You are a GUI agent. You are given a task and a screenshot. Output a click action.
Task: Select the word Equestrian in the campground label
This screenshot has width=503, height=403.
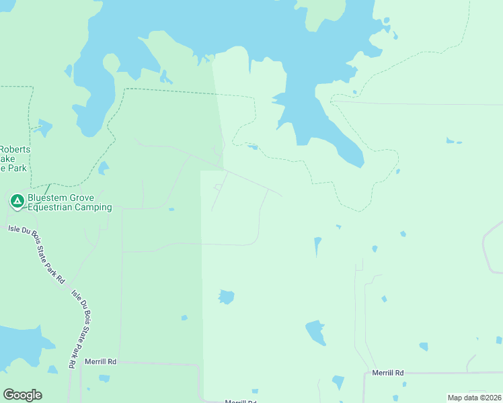pos(52,208)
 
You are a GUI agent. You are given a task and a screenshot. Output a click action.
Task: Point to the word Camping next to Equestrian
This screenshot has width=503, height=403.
pos(94,208)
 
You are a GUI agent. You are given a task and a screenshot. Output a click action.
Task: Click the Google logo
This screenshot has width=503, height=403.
pos(22,395)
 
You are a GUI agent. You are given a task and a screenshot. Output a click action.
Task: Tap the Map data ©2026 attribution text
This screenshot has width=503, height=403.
pos(473,398)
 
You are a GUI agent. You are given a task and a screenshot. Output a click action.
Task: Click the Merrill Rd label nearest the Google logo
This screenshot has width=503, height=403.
pos(101,361)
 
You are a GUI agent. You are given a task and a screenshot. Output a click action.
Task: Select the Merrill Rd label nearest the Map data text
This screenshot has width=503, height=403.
pos(388,372)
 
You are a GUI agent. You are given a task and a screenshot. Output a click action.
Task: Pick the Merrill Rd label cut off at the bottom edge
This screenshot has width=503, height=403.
pos(240,401)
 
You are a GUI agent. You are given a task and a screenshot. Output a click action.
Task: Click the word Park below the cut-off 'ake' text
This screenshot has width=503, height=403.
pos(17,168)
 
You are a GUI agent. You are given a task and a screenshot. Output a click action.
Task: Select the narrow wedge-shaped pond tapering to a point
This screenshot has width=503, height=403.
pos(317,246)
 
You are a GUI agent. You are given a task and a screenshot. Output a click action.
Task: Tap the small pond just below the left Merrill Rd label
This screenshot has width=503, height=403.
pos(104,378)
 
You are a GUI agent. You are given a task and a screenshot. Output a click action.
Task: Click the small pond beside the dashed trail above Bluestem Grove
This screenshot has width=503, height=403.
pos(103,168)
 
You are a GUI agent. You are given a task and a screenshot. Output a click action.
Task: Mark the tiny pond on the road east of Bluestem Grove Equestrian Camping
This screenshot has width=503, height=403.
pos(171,210)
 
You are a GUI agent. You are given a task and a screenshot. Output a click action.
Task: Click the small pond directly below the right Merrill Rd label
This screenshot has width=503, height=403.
pos(395,386)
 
